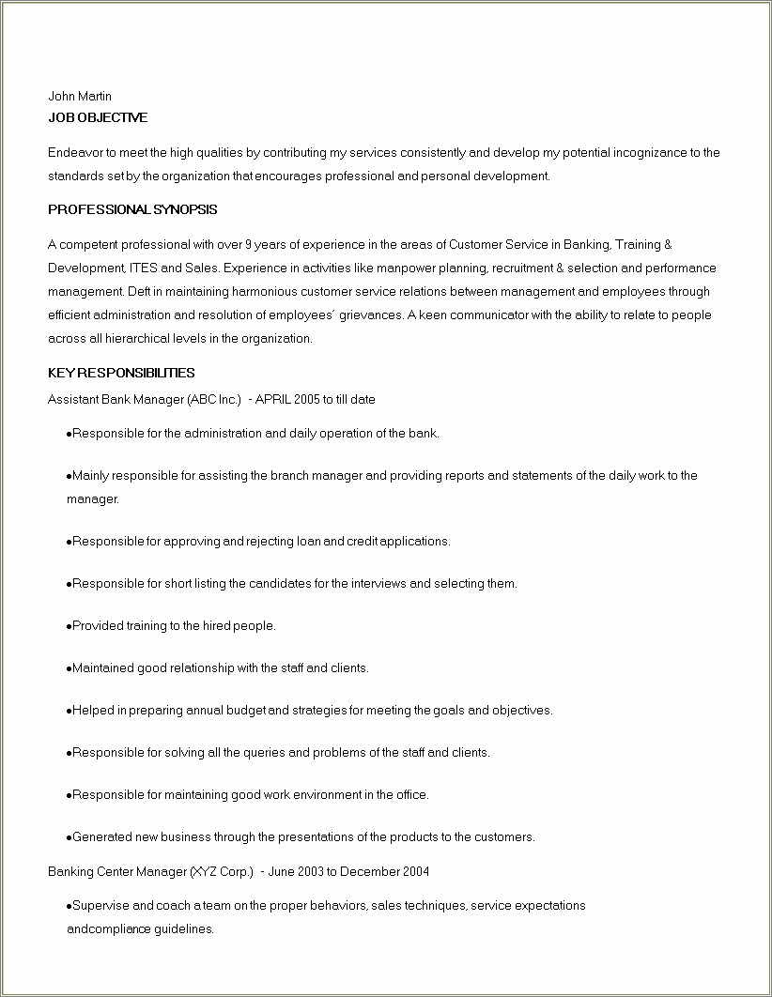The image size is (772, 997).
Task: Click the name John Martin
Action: [80, 96]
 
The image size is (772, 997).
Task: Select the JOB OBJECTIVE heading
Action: [98, 117]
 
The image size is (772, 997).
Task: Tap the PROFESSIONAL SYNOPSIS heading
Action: [132, 209]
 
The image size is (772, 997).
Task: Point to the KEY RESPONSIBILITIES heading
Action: [121, 373]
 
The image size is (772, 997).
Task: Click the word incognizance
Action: [648, 152]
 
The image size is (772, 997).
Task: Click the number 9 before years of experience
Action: [248, 245]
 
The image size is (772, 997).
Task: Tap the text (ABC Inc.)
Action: [214, 399]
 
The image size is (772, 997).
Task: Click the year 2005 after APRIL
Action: [307, 399]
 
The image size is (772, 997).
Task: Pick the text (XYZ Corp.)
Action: [222, 871]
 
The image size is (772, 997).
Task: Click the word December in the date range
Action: [370, 871]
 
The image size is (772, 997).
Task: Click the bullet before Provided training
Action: [69, 626]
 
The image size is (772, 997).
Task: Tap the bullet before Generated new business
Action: [69, 837]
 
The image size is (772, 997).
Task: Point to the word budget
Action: [246, 710]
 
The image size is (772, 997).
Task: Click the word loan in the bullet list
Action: [309, 541]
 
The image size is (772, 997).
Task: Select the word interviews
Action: [378, 583]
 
